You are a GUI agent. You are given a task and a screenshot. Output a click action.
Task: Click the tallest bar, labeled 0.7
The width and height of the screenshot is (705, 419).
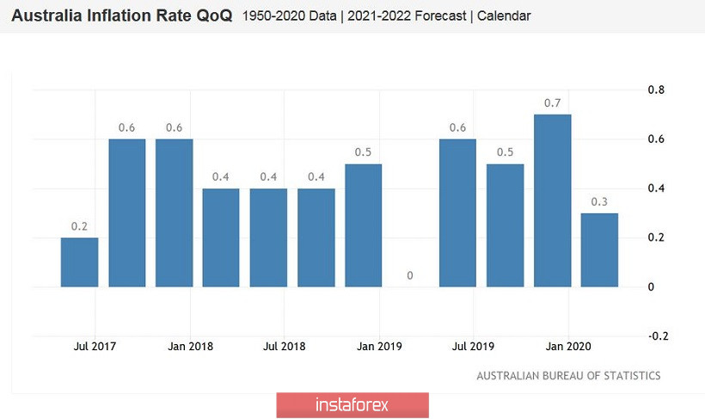pos(553,200)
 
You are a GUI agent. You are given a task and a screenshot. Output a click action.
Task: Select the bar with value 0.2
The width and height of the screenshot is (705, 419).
pos(79,262)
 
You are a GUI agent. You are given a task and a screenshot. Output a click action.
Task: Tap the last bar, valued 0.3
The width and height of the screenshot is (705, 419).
pos(600,250)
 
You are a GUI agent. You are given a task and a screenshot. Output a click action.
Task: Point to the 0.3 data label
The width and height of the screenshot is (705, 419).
pos(600,202)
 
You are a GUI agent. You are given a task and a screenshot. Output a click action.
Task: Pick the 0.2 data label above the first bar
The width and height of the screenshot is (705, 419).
pos(79,226)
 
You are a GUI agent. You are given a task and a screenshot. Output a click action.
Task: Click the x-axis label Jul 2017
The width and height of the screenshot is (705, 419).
pos(95,347)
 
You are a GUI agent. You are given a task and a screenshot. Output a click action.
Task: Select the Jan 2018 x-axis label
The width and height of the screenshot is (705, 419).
pos(191,347)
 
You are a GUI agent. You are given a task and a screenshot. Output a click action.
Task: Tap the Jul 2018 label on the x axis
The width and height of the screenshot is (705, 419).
pos(285,347)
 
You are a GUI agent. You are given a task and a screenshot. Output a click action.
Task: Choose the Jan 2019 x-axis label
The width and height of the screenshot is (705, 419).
pos(379,347)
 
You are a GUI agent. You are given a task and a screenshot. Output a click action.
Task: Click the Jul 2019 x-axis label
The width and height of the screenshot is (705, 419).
pos(473,347)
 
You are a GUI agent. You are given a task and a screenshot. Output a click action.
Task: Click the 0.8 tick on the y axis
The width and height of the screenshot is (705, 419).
pos(656,89)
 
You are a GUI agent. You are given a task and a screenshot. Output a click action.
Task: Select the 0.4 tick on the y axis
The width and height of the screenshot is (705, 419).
pos(656,188)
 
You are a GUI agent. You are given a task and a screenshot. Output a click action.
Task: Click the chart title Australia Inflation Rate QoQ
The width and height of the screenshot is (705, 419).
pos(121,16)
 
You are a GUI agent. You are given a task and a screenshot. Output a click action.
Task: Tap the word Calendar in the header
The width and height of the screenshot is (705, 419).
pos(505,16)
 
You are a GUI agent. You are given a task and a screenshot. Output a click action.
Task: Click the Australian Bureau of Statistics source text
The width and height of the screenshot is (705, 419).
pos(568,376)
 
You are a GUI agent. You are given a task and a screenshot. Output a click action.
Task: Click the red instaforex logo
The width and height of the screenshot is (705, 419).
pos(352,405)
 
